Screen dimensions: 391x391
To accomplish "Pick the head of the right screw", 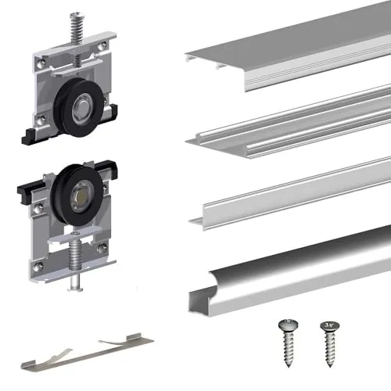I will [x=325, y=324].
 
